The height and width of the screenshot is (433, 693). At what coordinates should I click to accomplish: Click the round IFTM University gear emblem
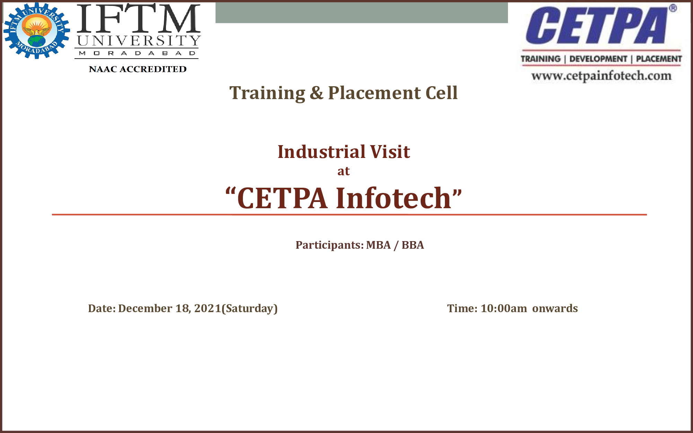coord(37,30)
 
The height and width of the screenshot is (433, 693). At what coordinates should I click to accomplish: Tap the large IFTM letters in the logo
coord(138,18)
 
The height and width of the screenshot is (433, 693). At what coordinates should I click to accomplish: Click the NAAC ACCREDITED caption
coord(138,69)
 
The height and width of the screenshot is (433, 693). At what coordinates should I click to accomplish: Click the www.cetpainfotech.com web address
coord(601,76)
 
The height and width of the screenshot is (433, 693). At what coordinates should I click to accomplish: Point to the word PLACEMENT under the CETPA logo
coord(659,59)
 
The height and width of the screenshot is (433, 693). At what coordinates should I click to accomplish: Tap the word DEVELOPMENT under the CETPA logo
coord(598,59)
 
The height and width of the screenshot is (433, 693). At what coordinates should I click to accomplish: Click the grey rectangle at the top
coord(362,13)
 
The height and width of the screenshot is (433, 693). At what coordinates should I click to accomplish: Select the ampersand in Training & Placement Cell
coord(316,93)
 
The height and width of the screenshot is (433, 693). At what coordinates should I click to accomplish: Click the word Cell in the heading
coord(441,93)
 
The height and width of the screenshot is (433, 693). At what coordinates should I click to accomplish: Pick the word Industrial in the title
coord(322,152)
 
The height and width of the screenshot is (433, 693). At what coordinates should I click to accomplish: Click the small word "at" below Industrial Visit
coord(344,171)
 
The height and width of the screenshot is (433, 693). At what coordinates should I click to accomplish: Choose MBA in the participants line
coord(378,245)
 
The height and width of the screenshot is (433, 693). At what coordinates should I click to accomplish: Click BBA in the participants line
coord(413,245)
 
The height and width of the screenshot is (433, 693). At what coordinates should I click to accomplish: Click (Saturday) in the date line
coord(249,309)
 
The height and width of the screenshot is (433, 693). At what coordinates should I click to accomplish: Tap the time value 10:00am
coord(504,308)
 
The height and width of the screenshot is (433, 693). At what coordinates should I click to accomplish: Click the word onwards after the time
coord(555,308)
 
